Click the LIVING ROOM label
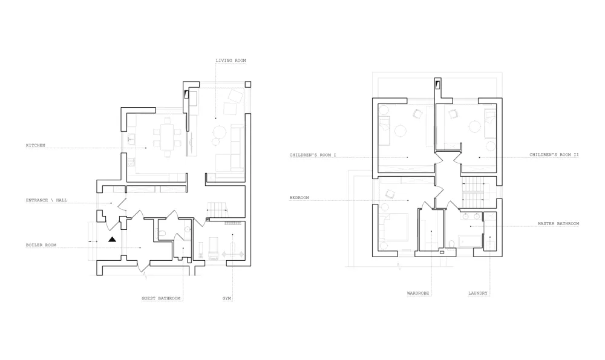tap(231, 60)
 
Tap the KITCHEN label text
tap(36, 145)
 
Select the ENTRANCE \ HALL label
tap(47, 200)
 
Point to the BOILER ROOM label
tap(41, 245)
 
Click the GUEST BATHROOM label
tap(161, 298)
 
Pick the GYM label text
tap(226, 298)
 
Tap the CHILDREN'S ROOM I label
tap(313, 155)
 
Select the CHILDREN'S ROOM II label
tap(554, 155)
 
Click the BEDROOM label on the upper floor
tap(299, 198)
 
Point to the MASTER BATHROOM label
tap(558, 223)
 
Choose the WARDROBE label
tap(418, 293)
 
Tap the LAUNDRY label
tap(478, 293)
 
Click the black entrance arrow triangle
tap(113, 240)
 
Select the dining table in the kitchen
tap(167, 137)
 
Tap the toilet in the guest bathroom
tap(162, 233)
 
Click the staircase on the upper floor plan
tap(473, 192)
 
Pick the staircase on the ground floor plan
tap(218, 209)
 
